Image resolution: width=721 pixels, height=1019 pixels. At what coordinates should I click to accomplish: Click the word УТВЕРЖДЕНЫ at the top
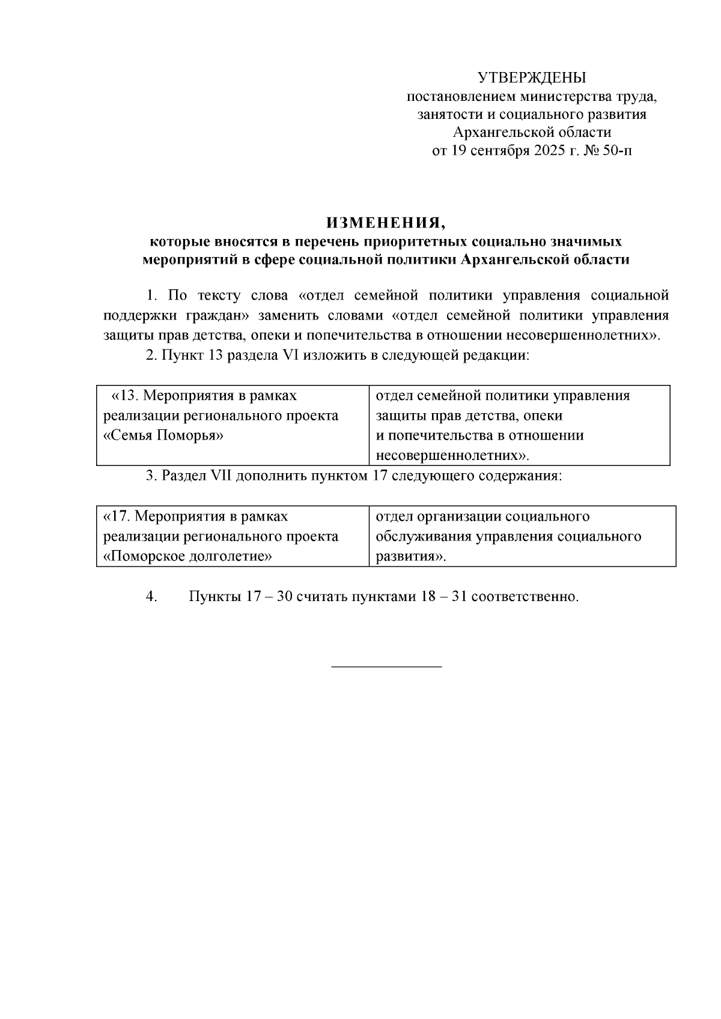(532, 77)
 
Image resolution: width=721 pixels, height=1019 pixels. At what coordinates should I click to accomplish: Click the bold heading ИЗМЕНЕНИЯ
(386, 223)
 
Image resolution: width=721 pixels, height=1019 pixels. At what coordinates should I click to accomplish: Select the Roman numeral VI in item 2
(289, 355)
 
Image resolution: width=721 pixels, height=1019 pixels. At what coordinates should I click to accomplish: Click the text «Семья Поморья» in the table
(163, 436)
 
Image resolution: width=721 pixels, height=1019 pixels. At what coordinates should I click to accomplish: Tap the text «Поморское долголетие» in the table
(188, 557)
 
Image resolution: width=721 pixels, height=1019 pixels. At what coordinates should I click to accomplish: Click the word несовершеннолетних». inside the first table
(452, 455)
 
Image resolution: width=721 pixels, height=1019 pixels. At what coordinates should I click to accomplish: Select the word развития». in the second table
(411, 557)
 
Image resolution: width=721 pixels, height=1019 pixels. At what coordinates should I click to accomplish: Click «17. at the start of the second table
(116, 517)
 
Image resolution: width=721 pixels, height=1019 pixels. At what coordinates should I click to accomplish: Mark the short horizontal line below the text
(386, 667)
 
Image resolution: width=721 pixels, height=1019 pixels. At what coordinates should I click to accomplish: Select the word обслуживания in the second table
(423, 537)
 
